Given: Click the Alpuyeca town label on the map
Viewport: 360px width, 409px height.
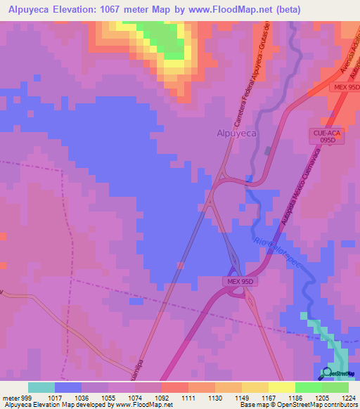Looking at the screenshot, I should coord(236,132).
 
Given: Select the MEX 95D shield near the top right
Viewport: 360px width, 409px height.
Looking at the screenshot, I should coord(345,86).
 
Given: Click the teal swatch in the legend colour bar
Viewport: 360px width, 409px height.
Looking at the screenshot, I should coord(41,387).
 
